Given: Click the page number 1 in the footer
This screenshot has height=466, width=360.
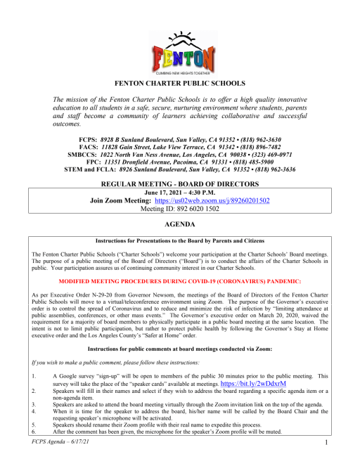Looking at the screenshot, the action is tap(328, 462).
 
